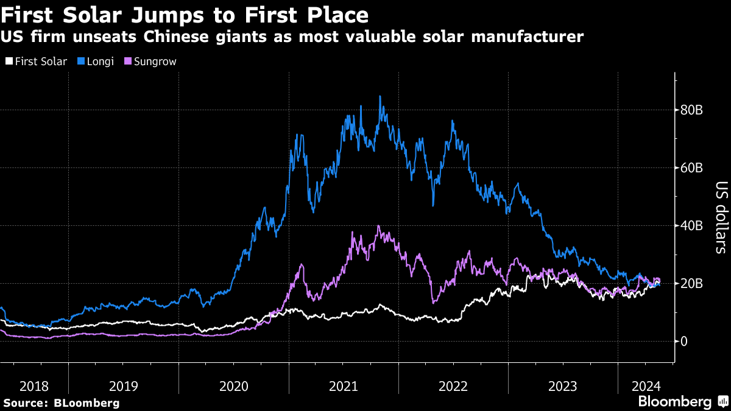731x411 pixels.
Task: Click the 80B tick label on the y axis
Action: (x=693, y=110)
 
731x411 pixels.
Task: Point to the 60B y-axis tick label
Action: (x=693, y=168)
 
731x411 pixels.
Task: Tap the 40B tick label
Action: (x=693, y=226)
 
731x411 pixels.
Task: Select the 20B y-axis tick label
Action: (x=693, y=284)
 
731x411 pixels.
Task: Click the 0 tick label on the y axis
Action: (x=685, y=342)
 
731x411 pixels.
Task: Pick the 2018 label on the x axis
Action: (x=34, y=385)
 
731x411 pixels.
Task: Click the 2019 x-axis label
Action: (x=123, y=385)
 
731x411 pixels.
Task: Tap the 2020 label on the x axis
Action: (x=233, y=385)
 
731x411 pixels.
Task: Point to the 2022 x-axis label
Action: (x=453, y=385)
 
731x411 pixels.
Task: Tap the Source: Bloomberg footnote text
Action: (x=62, y=403)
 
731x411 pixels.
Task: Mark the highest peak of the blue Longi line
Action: (x=380, y=96)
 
